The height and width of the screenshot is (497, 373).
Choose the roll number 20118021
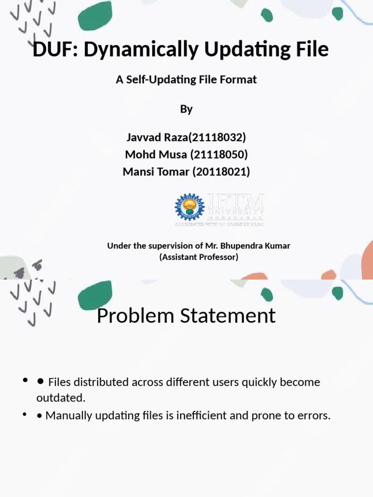tap(221, 171)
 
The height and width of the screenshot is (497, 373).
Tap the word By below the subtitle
tap(186, 109)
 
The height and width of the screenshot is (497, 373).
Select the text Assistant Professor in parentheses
tap(199, 257)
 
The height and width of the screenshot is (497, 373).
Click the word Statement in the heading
tap(228, 316)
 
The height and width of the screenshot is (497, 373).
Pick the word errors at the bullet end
tap(313, 416)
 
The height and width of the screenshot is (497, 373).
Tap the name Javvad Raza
tap(156, 138)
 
